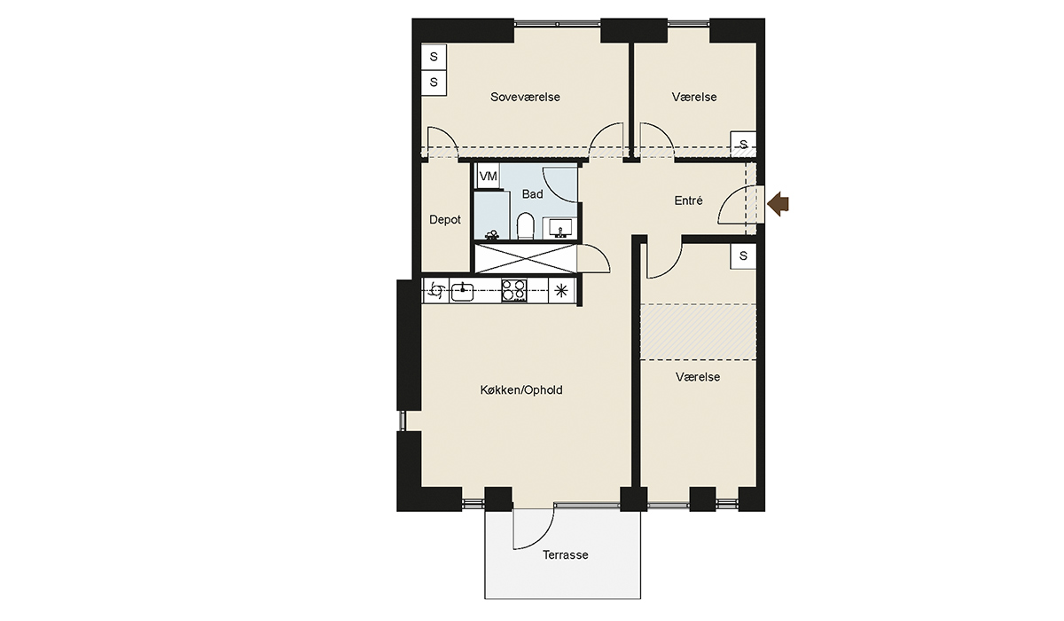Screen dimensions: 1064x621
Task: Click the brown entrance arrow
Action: pyautogui.click(x=778, y=204)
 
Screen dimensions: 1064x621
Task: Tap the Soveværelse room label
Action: pyautogui.click(x=525, y=97)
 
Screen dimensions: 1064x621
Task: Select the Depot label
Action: pyautogui.click(x=444, y=219)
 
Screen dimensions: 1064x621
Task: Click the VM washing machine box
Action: pyautogui.click(x=488, y=177)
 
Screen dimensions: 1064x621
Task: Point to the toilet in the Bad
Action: pyautogui.click(x=525, y=226)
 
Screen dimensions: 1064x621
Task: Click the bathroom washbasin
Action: pyautogui.click(x=560, y=228)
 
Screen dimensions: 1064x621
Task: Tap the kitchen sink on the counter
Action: pyautogui.click(x=462, y=291)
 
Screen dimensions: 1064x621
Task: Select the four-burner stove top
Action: pyautogui.click(x=514, y=290)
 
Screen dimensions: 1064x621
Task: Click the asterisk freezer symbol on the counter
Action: pyautogui.click(x=561, y=290)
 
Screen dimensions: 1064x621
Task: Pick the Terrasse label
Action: pyautogui.click(x=566, y=555)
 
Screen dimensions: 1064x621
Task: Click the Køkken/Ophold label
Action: pyautogui.click(x=521, y=390)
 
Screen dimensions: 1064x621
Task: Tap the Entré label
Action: pyautogui.click(x=688, y=201)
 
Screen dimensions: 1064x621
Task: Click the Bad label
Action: pyautogui.click(x=532, y=194)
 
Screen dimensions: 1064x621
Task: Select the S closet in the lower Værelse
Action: pyautogui.click(x=743, y=256)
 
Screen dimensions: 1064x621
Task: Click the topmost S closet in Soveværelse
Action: pyautogui.click(x=434, y=57)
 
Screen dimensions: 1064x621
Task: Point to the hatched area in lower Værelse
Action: pyautogui.click(x=699, y=332)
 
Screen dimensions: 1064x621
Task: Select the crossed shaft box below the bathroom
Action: pyautogui.click(x=526, y=258)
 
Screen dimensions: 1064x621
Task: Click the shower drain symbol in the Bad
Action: pyautogui.click(x=492, y=234)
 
